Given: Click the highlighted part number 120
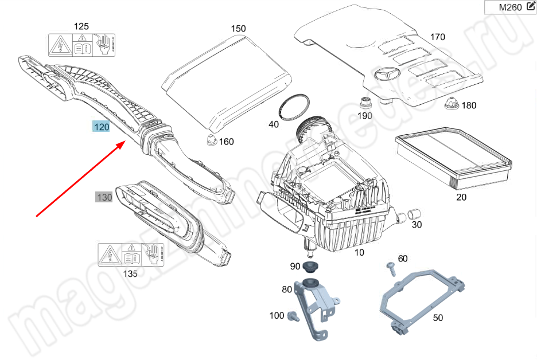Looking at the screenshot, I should point(102,127).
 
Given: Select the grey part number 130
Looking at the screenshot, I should point(104,197).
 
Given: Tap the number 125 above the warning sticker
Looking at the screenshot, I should point(82,26).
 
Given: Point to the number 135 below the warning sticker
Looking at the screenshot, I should point(130,274).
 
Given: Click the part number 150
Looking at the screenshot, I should point(238,29).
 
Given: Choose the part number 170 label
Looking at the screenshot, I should point(437,37).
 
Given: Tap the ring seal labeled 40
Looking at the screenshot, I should point(294,107).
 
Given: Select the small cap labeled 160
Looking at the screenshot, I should point(211,139).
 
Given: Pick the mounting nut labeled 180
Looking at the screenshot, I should point(450,104).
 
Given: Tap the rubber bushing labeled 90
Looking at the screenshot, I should point(310,267).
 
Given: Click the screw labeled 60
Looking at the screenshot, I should point(391,267).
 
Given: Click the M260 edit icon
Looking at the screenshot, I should point(530,7).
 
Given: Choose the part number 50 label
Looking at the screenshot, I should point(438,318).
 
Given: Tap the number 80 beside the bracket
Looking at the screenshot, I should point(287,290).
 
